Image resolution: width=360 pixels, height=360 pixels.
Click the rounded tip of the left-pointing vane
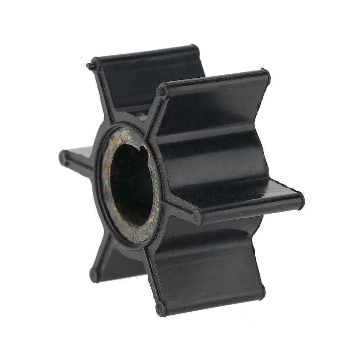(63, 157)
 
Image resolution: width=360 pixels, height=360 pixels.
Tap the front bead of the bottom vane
(161, 308)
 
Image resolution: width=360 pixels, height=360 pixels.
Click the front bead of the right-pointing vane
(198, 217)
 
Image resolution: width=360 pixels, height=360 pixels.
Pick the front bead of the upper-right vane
(163, 90)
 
